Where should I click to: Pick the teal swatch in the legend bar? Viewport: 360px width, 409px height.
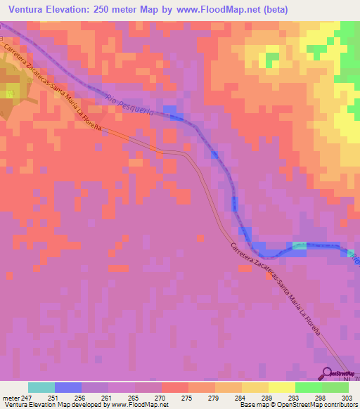pyautogui.click(x=41, y=387)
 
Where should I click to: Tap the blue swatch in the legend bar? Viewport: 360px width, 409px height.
pyautogui.click(x=67, y=387)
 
